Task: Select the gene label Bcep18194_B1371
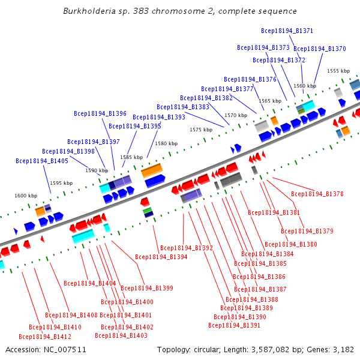coord(287,31)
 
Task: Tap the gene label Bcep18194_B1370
coord(320,49)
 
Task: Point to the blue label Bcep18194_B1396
coord(100,113)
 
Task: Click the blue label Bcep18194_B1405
coord(42,161)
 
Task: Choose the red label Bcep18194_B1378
coord(317,194)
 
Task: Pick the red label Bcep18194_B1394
coord(161,257)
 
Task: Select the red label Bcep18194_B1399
coord(147,288)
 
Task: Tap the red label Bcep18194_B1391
coord(235,325)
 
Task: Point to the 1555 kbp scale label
coord(338,71)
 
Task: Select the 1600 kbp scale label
coord(26,196)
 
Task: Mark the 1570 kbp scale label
coord(236,115)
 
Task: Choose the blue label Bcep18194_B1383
coord(183,107)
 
